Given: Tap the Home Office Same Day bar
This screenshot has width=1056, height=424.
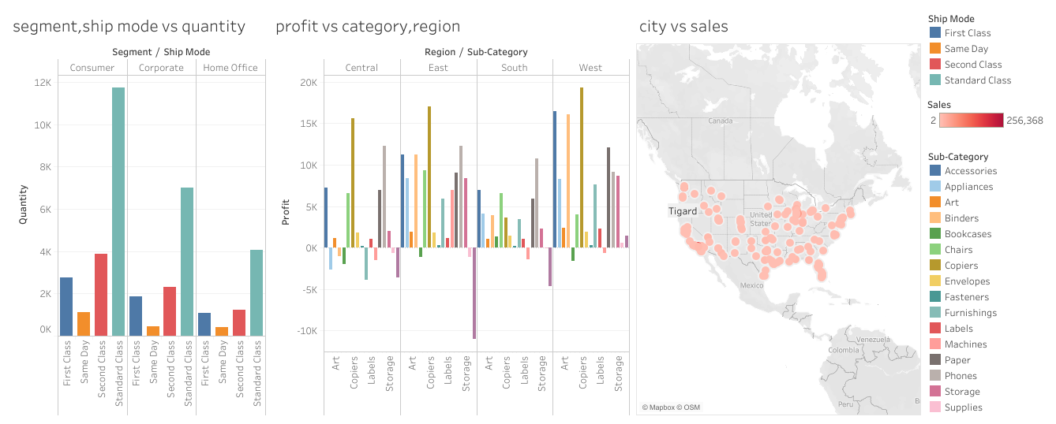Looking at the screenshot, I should (x=222, y=331).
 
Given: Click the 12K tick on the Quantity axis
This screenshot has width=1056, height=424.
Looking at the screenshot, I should (x=42, y=83).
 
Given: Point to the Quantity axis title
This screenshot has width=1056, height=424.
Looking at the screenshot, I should (x=24, y=205).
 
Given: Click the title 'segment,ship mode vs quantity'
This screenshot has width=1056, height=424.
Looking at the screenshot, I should (x=129, y=27).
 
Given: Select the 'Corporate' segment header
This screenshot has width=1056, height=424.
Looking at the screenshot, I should (x=161, y=68).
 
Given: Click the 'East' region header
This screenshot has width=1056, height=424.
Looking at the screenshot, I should (x=438, y=68).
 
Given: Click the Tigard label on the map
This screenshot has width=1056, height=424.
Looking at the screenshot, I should (x=683, y=211).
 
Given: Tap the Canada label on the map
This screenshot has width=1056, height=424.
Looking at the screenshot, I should (x=721, y=121).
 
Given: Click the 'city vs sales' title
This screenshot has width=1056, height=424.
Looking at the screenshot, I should (x=683, y=27).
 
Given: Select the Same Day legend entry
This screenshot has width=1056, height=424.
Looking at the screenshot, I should (x=966, y=49).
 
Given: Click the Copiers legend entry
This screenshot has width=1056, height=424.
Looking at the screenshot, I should (x=961, y=266).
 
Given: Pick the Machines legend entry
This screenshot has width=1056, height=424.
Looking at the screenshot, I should (x=965, y=344).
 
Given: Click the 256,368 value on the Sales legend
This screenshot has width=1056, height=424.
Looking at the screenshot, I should (x=1024, y=121).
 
